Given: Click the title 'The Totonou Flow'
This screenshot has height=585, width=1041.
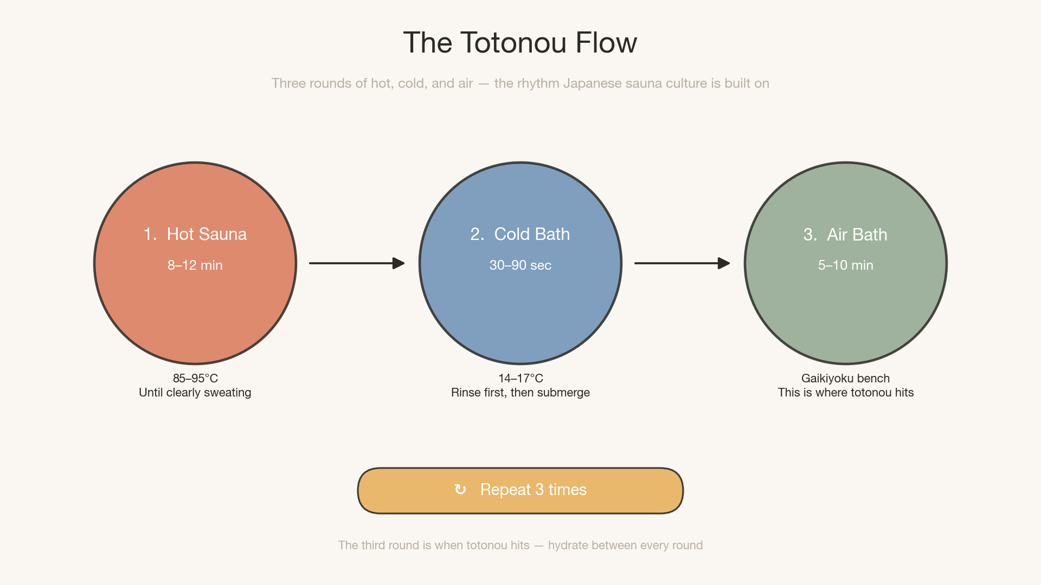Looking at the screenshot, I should click(x=520, y=43).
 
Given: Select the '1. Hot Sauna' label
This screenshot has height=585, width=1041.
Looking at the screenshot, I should click(x=195, y=234).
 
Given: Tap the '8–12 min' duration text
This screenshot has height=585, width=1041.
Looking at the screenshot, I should click(x=195, y=265).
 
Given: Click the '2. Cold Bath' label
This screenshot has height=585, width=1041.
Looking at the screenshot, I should click(x=520, y=234).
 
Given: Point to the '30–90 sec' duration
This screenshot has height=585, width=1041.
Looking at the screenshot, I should click(x=520, y=265).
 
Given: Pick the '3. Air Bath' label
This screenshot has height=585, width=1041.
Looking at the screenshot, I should click(x=845, y=235).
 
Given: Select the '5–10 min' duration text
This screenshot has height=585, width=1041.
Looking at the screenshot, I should click(x=845, y=265).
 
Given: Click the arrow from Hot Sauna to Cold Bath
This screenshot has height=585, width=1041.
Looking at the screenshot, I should click(x=357, y=263).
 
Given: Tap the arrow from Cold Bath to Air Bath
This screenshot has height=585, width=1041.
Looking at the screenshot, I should click(x=682, y=263).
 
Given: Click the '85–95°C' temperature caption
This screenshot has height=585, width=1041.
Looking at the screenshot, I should click(x=195, y=378).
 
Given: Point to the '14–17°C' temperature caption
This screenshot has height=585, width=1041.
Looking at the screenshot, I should click(x=520, y=378).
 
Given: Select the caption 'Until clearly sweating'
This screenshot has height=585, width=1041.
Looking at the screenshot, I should click(x=195, y=393).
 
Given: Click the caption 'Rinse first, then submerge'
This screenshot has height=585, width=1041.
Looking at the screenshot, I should click(x=520, y=393).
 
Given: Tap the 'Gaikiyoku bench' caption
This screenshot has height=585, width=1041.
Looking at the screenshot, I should click(x=845, y=378).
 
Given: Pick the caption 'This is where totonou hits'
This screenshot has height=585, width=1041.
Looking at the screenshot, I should click(x=845, y=393).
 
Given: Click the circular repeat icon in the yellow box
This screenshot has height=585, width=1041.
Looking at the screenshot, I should click(x=460, y=490).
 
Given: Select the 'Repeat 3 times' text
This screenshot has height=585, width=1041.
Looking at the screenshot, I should click(x=534, y=490).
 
